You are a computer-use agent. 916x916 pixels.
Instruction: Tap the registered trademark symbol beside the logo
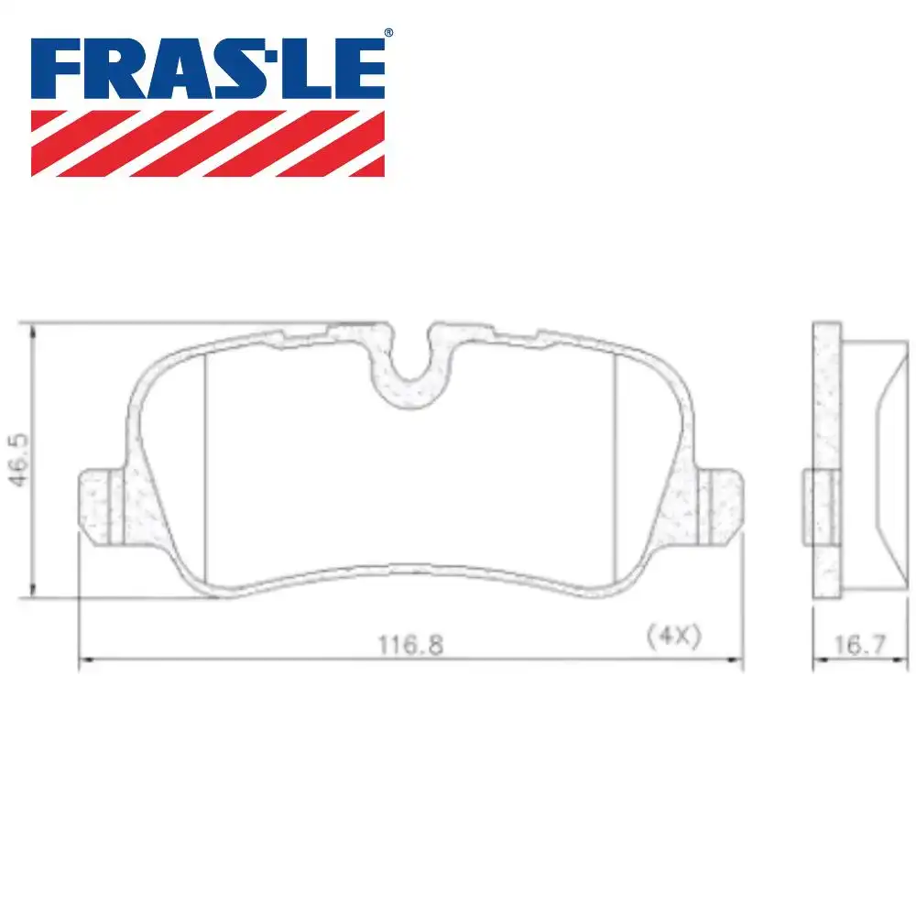point(388,33)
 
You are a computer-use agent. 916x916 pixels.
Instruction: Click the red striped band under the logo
point(208,143)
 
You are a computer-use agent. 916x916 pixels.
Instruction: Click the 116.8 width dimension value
point(410,645)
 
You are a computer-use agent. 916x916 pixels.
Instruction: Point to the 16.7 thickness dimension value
point(859,646)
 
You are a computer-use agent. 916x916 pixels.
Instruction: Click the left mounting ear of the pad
point(99,507)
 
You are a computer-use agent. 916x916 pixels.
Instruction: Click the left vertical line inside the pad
point(203,467)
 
